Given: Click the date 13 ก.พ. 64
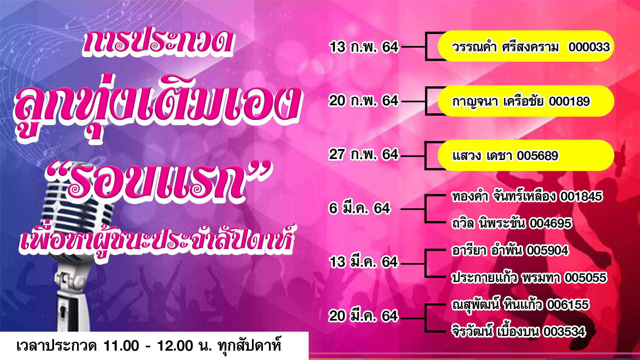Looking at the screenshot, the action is point(364,47).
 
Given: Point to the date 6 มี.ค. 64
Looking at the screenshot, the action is point(359,208).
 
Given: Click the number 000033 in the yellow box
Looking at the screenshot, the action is point(589,47).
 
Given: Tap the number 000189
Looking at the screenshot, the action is point(569,101).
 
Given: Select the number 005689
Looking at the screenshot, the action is point(537,156).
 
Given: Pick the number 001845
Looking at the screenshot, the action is point(581,197).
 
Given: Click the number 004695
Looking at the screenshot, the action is point(551,223).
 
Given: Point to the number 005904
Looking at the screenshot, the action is point(547,250).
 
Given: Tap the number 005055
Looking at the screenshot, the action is point(585,278).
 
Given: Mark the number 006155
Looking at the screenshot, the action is point(568,305).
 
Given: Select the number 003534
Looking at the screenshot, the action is point(564,332).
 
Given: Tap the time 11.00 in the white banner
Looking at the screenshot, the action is point(121,346).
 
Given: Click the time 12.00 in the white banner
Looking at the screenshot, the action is point(175,346).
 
